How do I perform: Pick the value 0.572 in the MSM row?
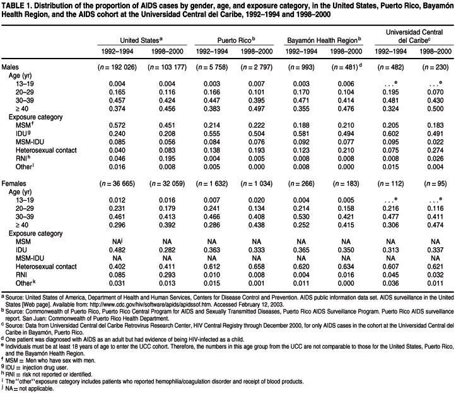click(117, 126)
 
